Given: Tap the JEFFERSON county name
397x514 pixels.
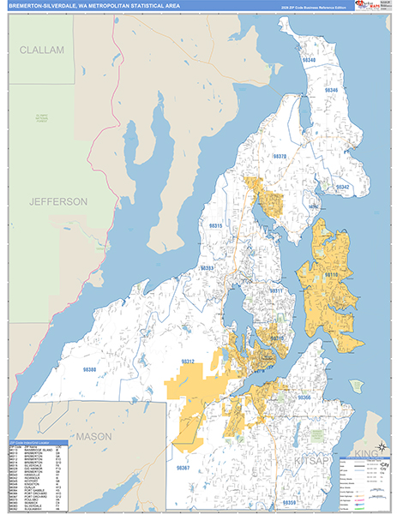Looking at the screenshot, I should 58,201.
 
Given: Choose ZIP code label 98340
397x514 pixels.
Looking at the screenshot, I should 310,60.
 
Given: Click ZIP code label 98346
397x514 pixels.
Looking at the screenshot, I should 331,91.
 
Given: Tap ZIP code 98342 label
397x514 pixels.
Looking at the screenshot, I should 343,187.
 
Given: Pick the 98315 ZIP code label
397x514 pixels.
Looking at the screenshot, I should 214,226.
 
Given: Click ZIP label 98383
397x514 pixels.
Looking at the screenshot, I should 208,268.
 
